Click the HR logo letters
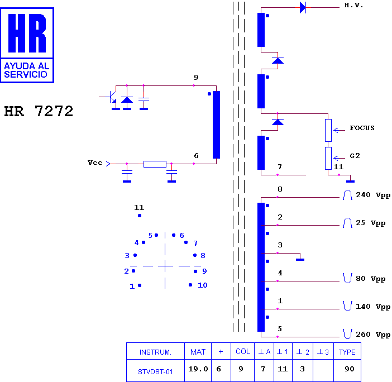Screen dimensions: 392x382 pos(27,33)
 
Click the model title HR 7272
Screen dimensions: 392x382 pos(39,111)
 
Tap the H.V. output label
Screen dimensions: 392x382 pos(353,5)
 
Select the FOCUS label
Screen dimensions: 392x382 pos(362,128)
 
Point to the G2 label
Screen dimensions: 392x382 pos(355,156)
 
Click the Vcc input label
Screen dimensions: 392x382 pos(95,163)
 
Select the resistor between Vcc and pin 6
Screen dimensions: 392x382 pos(155,164)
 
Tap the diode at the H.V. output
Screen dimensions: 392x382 pos(303,7)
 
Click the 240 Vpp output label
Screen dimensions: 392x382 pos(373,195)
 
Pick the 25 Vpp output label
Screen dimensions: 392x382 pos(370,223)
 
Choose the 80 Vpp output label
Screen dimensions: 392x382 pos(370,279)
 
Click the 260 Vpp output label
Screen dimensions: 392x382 pos(373,335)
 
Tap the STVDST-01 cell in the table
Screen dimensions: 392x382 pos(155,372)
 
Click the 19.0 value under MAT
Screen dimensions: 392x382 pos(198,369)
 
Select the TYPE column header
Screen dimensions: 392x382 pos(347,352)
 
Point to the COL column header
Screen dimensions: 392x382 pos(243,352)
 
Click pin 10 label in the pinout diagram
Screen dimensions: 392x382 pos(203,285)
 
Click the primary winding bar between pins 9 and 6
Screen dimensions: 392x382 pos(216,125)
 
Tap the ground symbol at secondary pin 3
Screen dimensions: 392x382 pos(300,260)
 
